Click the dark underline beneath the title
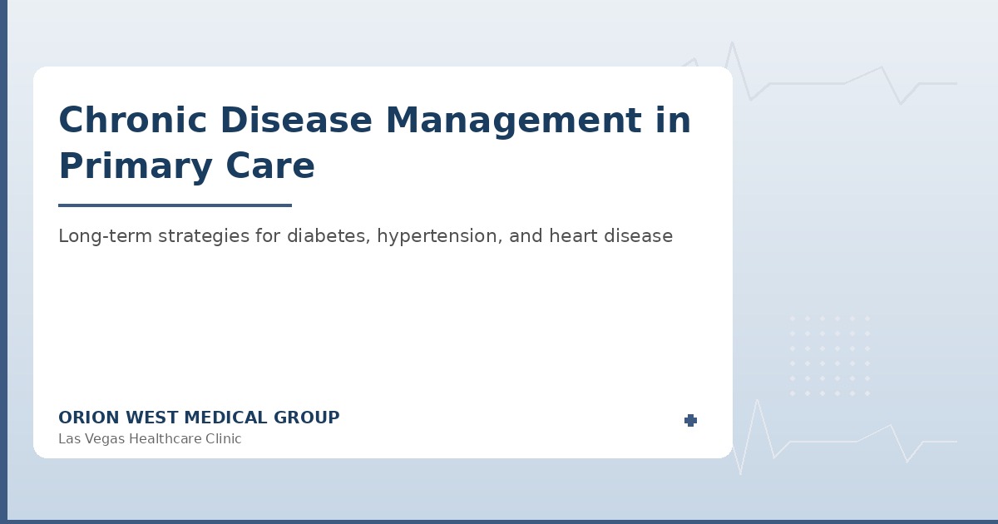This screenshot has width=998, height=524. coord(175,205)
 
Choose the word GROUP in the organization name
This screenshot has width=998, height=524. coord(308,418)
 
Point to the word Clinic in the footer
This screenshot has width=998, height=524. coord(220,439)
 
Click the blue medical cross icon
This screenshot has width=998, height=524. coord(690,421)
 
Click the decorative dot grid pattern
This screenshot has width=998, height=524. coord(829,355)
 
